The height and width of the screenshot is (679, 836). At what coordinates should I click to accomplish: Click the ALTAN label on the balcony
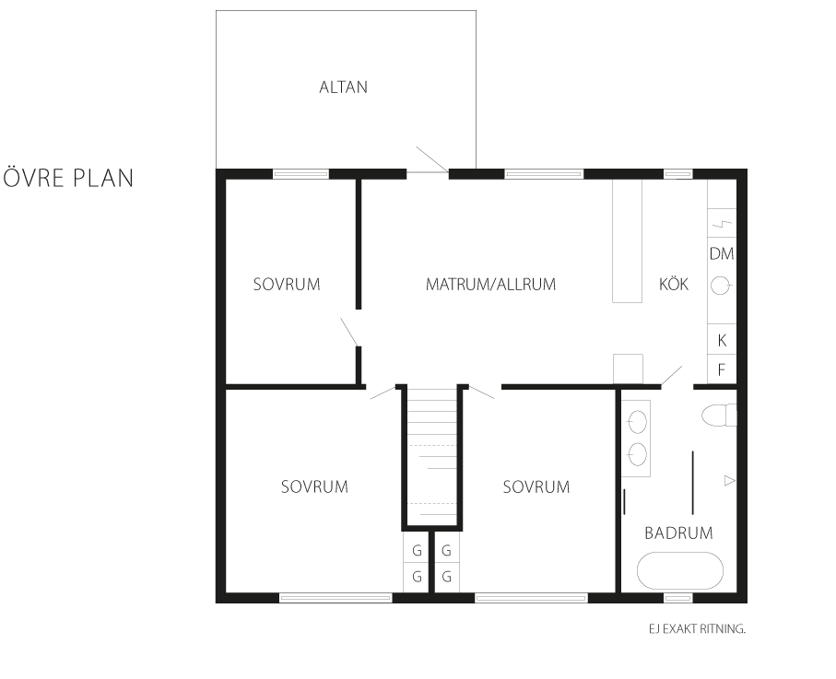pos(344,87)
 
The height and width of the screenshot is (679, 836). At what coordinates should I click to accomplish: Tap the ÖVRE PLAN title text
pos(68,177)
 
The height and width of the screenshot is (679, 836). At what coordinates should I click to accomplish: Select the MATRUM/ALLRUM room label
pos(490,284)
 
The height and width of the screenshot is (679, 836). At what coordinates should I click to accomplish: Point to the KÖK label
pos(674,283)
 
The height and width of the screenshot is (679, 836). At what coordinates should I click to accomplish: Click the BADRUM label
pos(678,533)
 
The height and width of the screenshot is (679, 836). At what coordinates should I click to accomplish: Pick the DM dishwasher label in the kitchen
pos(722,253)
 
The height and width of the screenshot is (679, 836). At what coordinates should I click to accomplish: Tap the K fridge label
pos(722,340)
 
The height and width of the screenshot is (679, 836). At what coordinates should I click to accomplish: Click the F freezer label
pos(722,369)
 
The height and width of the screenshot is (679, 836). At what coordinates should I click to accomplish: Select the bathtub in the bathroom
pos(680,571)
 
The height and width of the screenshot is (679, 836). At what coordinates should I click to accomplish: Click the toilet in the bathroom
pos(719,416)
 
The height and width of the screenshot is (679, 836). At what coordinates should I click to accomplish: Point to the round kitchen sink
pos(720,287)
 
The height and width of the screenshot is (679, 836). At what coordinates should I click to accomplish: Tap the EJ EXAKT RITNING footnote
pos(697,629)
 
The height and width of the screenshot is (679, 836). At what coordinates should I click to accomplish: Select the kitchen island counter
pos(627,240)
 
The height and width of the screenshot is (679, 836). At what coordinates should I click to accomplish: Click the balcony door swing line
pos(432,159)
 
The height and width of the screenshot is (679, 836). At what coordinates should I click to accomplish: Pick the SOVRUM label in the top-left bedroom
pos(287,284)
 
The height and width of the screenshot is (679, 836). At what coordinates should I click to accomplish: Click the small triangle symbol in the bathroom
pos(729,481)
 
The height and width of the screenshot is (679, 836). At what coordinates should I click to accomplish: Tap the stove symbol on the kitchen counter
pos(722,223)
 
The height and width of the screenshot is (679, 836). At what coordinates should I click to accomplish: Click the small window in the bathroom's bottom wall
pos(677,599)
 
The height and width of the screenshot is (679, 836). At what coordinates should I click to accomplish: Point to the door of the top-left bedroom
pos(349,332)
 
